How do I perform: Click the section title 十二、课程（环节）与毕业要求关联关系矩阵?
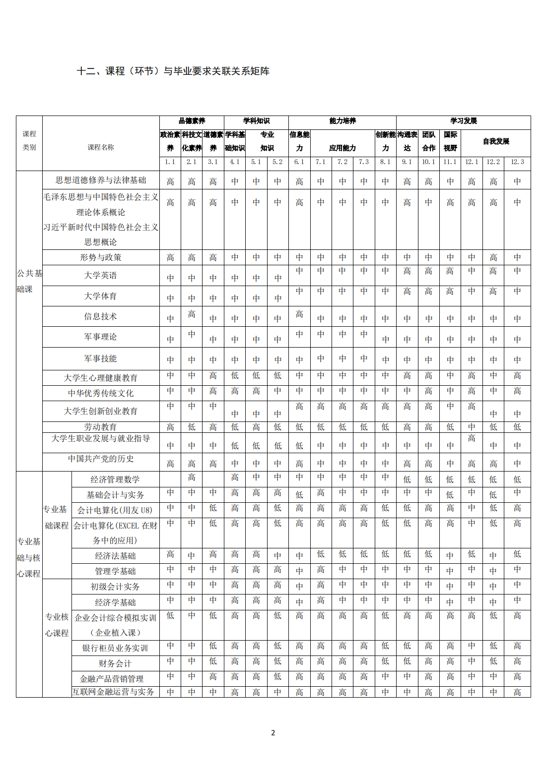pos(173,71)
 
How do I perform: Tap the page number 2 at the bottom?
pos(273,732)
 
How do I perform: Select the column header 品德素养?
pos(192,121)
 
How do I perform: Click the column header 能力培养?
pos(342,121)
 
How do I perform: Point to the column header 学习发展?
pos(463,121)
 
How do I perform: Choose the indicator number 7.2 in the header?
pos(342,162)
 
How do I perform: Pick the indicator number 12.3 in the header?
pos(517,162)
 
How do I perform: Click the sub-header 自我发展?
pos(496,141)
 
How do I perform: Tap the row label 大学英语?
pos(101,276)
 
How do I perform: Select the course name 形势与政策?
pos(101,257)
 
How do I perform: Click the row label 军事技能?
pos(101,358)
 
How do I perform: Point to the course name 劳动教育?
pos(101,427)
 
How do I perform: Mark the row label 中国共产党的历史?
pos(101,459)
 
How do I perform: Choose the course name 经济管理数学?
pos(115,479)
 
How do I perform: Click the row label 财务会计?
pos(115,663)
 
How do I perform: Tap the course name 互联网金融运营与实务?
pos(113,692)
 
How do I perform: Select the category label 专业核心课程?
pos(57,625)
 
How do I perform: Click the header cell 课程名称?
pos(101,147)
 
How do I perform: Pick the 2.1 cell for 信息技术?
pos(192,314)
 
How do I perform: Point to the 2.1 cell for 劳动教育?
pos(192,427)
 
